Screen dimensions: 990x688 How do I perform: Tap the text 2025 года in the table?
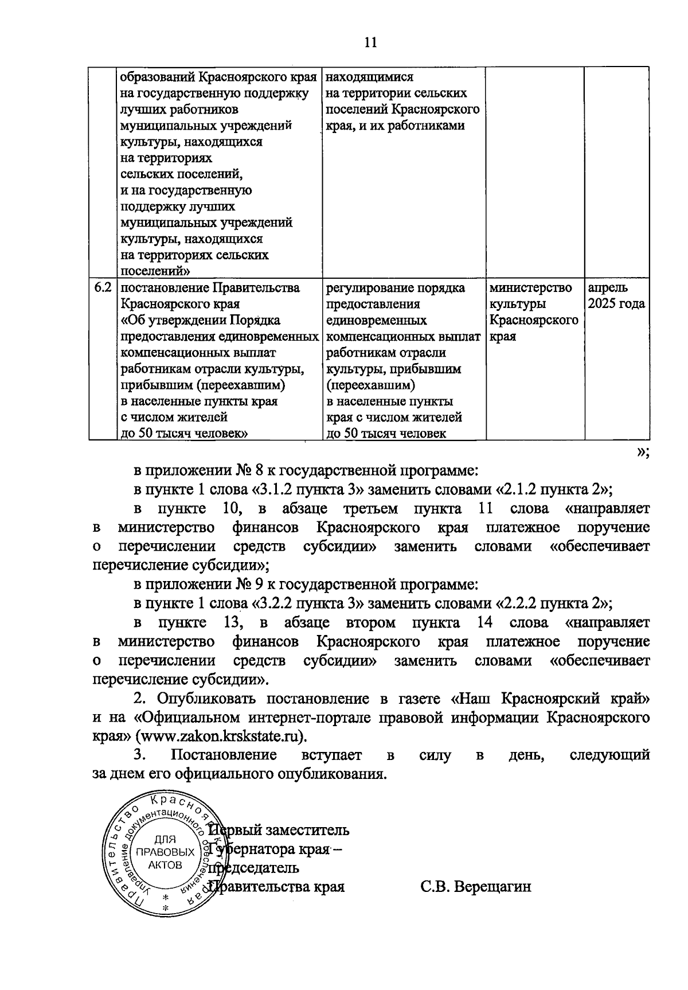point(615,304)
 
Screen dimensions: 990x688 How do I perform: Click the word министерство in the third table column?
point(530,288)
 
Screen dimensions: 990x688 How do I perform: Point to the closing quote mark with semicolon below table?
point(642,452)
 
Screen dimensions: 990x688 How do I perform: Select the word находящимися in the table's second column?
point(369,77)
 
